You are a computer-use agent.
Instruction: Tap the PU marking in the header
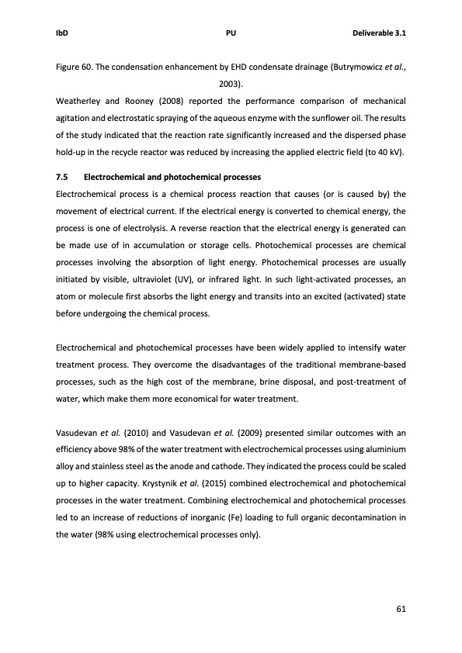tap(231, 33)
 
